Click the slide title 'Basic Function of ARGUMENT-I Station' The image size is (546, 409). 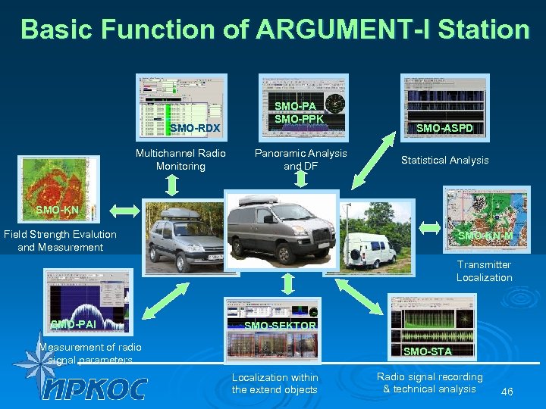pos(275,30)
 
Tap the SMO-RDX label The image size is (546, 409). pos(195,128)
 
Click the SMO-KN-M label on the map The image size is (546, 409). pos(485,236)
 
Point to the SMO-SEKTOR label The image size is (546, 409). pos(281,326)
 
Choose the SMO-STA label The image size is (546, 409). pos(427,351)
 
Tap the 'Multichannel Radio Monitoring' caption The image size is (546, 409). pos(180,160)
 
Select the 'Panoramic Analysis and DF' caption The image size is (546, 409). pos(300,160)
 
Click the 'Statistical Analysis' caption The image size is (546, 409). pos(444,161)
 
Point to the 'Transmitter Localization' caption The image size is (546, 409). pos(484,271)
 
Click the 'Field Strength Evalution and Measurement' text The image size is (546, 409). pos(60,241)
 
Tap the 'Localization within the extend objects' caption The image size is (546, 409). pos(275,383)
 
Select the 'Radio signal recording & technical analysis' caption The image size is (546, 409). pos(429,382)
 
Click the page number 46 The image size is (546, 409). pos(507,392)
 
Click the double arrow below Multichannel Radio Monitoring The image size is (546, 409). pos(172,184)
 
